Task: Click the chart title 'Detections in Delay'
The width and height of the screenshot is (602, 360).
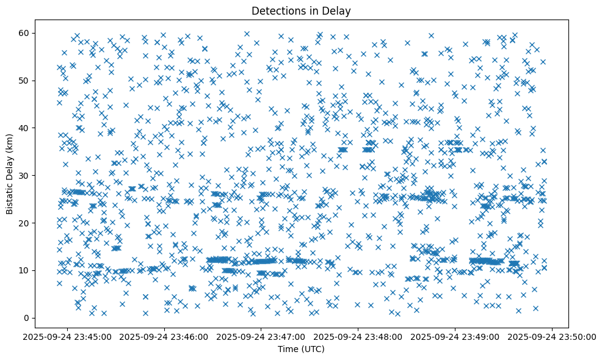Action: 301,10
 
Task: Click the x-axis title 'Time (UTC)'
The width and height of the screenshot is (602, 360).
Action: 301,349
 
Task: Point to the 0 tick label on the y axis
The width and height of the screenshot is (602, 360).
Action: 26,318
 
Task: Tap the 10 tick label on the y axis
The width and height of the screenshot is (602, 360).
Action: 24,270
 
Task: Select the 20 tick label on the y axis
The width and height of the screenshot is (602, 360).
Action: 24,223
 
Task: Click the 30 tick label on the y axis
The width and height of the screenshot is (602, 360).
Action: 24,175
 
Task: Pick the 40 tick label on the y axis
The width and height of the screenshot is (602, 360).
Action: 24,128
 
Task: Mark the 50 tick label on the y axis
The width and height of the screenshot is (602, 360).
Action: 24,80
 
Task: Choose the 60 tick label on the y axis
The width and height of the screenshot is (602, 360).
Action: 24,32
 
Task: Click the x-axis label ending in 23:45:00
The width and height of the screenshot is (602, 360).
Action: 68,336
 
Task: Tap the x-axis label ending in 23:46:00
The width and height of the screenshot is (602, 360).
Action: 165,336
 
